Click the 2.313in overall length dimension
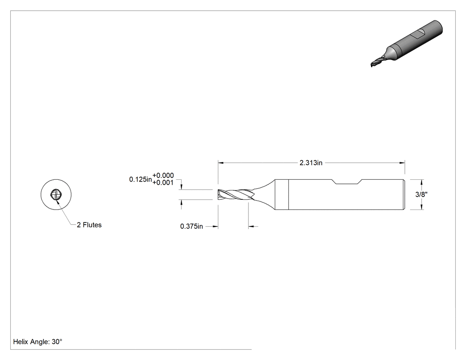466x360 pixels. click(x=311, y=163)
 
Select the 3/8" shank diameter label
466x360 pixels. click(x=422, y=194)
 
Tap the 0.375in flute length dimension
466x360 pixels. click(x=191, y=226)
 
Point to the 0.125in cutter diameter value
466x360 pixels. click(x=140, y=179)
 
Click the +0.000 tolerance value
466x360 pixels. click(x=163, y=175)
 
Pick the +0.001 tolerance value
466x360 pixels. click(x=163, y=182)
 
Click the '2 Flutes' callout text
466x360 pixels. click(x=89, y=225)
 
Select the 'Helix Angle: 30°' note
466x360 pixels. click(x=38, y=342)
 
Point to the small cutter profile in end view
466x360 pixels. click(x=56, y=195)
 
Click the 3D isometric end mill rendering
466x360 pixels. click(x=407, y=44)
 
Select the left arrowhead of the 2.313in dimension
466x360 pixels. click(x=221, y=163)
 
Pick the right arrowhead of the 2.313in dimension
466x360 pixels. click(x=402, y=163)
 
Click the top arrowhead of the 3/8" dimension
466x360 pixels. click(x=422, y=182)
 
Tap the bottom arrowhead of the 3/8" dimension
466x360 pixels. click(x=422, y=207)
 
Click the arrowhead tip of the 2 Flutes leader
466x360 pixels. click(x=57, y=201)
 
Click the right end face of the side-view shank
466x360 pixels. click(x=404, y=194)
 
